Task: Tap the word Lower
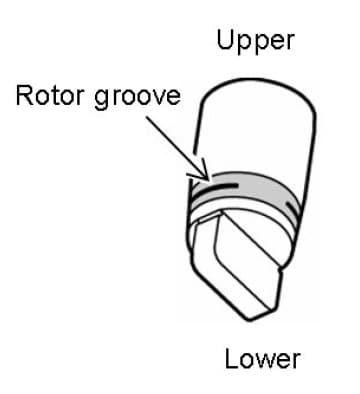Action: pos(262,358)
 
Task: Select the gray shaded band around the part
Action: pos(250,188)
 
